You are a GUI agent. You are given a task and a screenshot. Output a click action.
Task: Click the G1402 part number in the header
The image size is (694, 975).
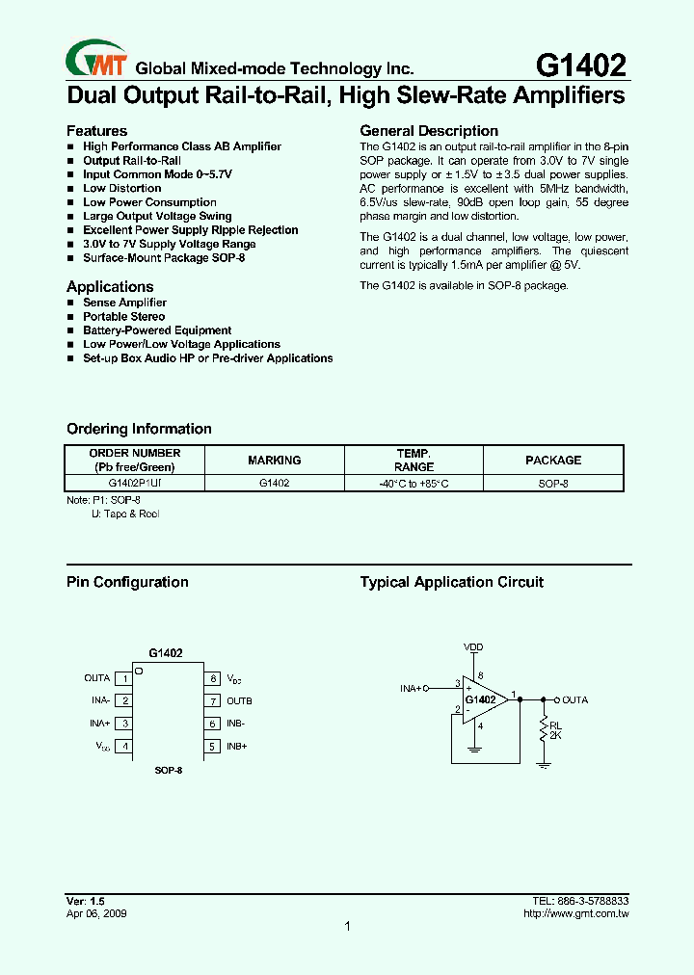580,65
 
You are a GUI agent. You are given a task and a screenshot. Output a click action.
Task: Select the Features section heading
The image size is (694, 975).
96,131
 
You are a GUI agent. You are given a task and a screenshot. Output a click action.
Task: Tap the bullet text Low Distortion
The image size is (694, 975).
121,189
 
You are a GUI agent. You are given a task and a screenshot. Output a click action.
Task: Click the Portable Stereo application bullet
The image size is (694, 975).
123,317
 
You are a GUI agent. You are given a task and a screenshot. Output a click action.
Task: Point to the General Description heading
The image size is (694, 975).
429,131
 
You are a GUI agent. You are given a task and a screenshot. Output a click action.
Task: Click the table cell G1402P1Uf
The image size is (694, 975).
135,484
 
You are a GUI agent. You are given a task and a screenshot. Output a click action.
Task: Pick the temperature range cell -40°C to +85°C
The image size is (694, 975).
414,484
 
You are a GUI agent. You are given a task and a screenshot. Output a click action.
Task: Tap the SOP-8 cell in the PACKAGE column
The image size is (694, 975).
553,484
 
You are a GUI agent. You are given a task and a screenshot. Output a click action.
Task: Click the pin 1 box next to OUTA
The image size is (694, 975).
123,679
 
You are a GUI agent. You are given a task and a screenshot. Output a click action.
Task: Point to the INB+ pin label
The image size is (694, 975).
237,747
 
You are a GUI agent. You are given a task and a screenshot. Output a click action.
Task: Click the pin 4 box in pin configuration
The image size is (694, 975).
123,747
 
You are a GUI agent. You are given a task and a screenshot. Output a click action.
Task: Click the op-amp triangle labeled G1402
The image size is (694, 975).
482,700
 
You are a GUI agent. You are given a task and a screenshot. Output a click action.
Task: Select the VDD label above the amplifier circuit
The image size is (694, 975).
473,646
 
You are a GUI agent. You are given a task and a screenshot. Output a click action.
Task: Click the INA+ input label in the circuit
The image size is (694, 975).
412,688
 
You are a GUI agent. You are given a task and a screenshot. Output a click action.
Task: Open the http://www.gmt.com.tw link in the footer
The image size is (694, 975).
575,913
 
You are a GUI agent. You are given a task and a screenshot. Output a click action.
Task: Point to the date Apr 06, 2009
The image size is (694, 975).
96,913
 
